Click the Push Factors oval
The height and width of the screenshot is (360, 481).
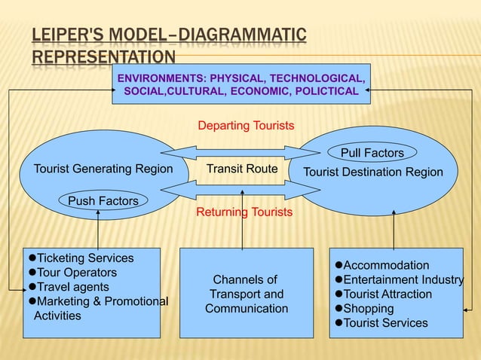pos(103,200)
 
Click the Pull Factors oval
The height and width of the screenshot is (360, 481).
pos(372,153)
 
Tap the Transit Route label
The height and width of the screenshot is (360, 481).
pos(242,169)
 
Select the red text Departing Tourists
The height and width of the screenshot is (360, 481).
pos(246,125)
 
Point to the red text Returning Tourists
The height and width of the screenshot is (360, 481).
pos(244,212)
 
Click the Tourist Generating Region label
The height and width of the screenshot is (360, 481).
pos(103,169)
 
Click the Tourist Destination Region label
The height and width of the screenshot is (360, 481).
pos(372,172)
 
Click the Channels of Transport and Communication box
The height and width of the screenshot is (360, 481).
pos(246,293)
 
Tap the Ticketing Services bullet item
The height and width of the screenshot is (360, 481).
pos(84,258)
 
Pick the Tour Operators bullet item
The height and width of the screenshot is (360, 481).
pos(77,273)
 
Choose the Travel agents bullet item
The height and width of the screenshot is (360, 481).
pos(72,287)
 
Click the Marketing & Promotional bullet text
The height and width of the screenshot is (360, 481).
pos(103,301)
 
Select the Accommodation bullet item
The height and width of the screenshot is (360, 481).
pos(386,265)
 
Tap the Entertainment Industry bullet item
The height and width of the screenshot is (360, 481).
pos(403,280)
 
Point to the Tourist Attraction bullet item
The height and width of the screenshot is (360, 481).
pos(388,294)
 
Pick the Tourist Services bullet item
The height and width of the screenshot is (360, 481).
pos(384,323)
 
